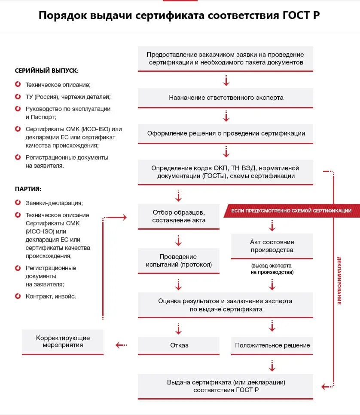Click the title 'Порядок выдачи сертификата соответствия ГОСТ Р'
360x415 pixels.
click(180, 16)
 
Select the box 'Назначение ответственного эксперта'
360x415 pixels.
click(226, 98)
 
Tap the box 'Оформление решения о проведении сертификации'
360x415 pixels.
click(226, 133)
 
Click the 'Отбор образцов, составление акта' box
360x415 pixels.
click(179, 216)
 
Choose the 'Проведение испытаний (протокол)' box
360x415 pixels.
click(179, 261)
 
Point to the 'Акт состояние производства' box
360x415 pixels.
click(272, 246)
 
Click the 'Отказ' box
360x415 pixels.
click(179, 345)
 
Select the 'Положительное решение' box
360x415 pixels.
click(272, 345)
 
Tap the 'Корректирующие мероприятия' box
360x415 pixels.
click(63, 341)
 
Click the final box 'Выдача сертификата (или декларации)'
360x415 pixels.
click(226, 386)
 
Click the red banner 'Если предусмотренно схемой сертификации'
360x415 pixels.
click(291, 211)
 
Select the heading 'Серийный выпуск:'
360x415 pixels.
click(46, 71)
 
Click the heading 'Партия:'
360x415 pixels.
click(28, 189)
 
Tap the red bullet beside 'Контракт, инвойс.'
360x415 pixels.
click(18, 296)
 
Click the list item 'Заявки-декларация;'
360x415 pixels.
click(54, 203)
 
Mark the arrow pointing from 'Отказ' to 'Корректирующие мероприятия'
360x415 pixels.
click(121, 345)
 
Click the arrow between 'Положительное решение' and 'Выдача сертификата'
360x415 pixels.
click(272, 366)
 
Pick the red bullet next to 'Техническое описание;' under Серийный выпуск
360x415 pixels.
click(18, 85)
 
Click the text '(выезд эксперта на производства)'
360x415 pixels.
click(272, 269)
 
